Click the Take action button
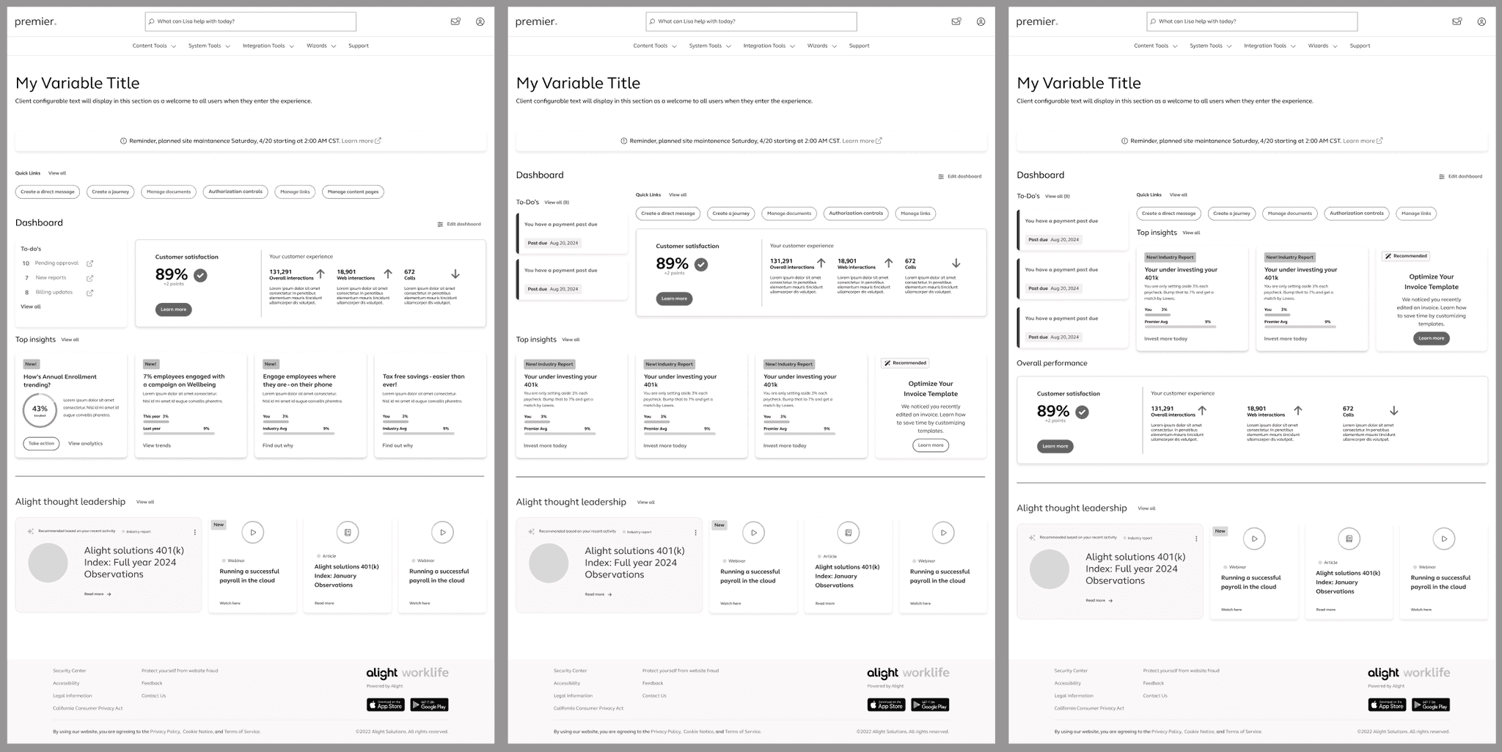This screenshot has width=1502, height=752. point(41,443)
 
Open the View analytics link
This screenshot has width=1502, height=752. point(85,443)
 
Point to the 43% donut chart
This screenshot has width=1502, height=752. point(40,410)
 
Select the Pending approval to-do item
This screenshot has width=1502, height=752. point(56,263)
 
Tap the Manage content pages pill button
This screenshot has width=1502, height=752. point(353,191)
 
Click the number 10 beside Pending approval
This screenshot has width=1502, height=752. point(26,263)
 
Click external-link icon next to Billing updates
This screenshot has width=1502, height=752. point(90,293)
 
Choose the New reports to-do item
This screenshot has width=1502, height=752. point(51,277)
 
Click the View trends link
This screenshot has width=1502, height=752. point(156,445)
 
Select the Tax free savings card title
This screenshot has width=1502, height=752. point(423,380)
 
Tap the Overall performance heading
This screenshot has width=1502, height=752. point(1052,363)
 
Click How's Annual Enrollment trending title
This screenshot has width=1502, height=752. point(60,380)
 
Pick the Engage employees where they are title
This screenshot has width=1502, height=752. point(299,380)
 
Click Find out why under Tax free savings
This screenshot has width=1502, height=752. point(398,445)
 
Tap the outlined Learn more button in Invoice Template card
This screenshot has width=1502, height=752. point(931,445)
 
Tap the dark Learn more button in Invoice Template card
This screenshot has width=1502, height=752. point(1431,338)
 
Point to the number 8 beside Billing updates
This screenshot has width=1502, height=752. point(27,292)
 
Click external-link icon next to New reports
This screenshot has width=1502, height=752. point(90,278)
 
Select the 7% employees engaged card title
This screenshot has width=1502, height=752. point(183,380)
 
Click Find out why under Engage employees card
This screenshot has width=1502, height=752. point(277,445)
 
